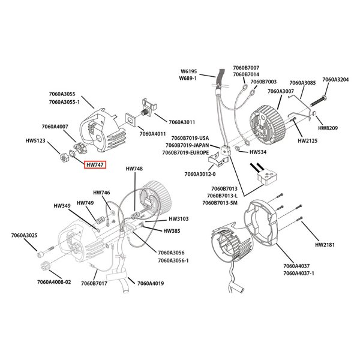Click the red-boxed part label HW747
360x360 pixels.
(x=95, y=164)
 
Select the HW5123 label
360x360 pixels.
(x=36, y=142)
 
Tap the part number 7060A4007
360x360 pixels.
(x=55, y=127)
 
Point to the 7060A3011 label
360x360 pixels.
(x=182, y=122)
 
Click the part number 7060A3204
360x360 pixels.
(x=335, y=79)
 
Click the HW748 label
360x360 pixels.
(x=134, y=169)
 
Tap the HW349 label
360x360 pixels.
(x=62, y=206)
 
